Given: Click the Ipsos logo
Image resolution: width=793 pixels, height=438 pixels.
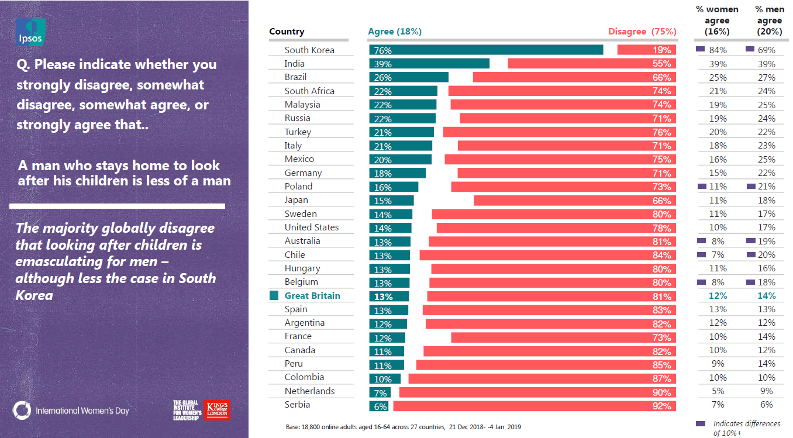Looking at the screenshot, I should tap(30, 32).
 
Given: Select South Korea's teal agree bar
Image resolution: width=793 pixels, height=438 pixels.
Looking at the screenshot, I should tap(485, 50).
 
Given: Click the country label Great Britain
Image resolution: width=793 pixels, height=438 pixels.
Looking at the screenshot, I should tap(312, 296).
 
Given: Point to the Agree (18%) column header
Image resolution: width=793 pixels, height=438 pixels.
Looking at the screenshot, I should tap(395, 32).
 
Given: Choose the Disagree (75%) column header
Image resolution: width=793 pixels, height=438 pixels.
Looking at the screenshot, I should tap(642, 32).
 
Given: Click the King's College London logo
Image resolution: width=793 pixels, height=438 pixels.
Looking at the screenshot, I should tap(216, 410).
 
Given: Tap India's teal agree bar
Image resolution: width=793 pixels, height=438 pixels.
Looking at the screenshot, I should tap(429, 64).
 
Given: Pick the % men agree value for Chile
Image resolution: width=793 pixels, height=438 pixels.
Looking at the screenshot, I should tap(766, 255).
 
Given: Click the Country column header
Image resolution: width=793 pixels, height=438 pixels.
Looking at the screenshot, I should tap(287, 32).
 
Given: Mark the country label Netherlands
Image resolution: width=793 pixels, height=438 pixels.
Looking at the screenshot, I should tap(309, 391).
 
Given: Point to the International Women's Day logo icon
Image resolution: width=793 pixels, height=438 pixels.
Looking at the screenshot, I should tap(22, 410).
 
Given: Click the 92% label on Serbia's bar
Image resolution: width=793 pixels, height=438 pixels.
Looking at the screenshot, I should tap(662, 405).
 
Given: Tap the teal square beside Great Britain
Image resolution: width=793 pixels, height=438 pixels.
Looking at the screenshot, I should tap(274, 296).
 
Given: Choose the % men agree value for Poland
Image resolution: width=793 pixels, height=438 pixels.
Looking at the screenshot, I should tap(766, 187).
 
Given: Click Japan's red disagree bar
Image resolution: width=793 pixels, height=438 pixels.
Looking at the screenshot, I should tap(574, 201).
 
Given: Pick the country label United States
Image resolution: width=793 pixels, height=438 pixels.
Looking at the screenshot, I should tap(312, 227).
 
